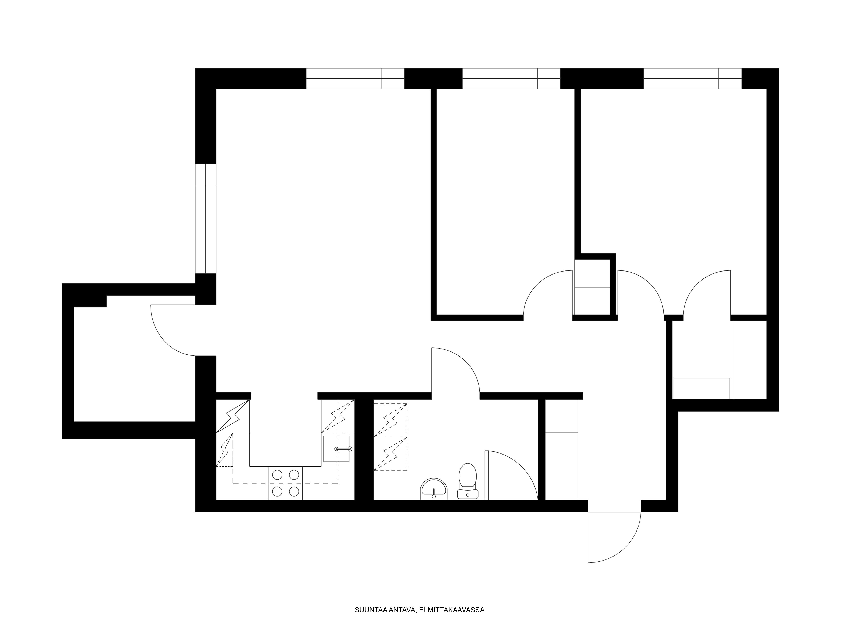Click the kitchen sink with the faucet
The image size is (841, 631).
point(336,449)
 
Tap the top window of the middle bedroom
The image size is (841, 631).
point(511,78)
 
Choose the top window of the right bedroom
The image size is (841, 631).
point(692,78)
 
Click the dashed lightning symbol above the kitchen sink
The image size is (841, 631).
point(338,416)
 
